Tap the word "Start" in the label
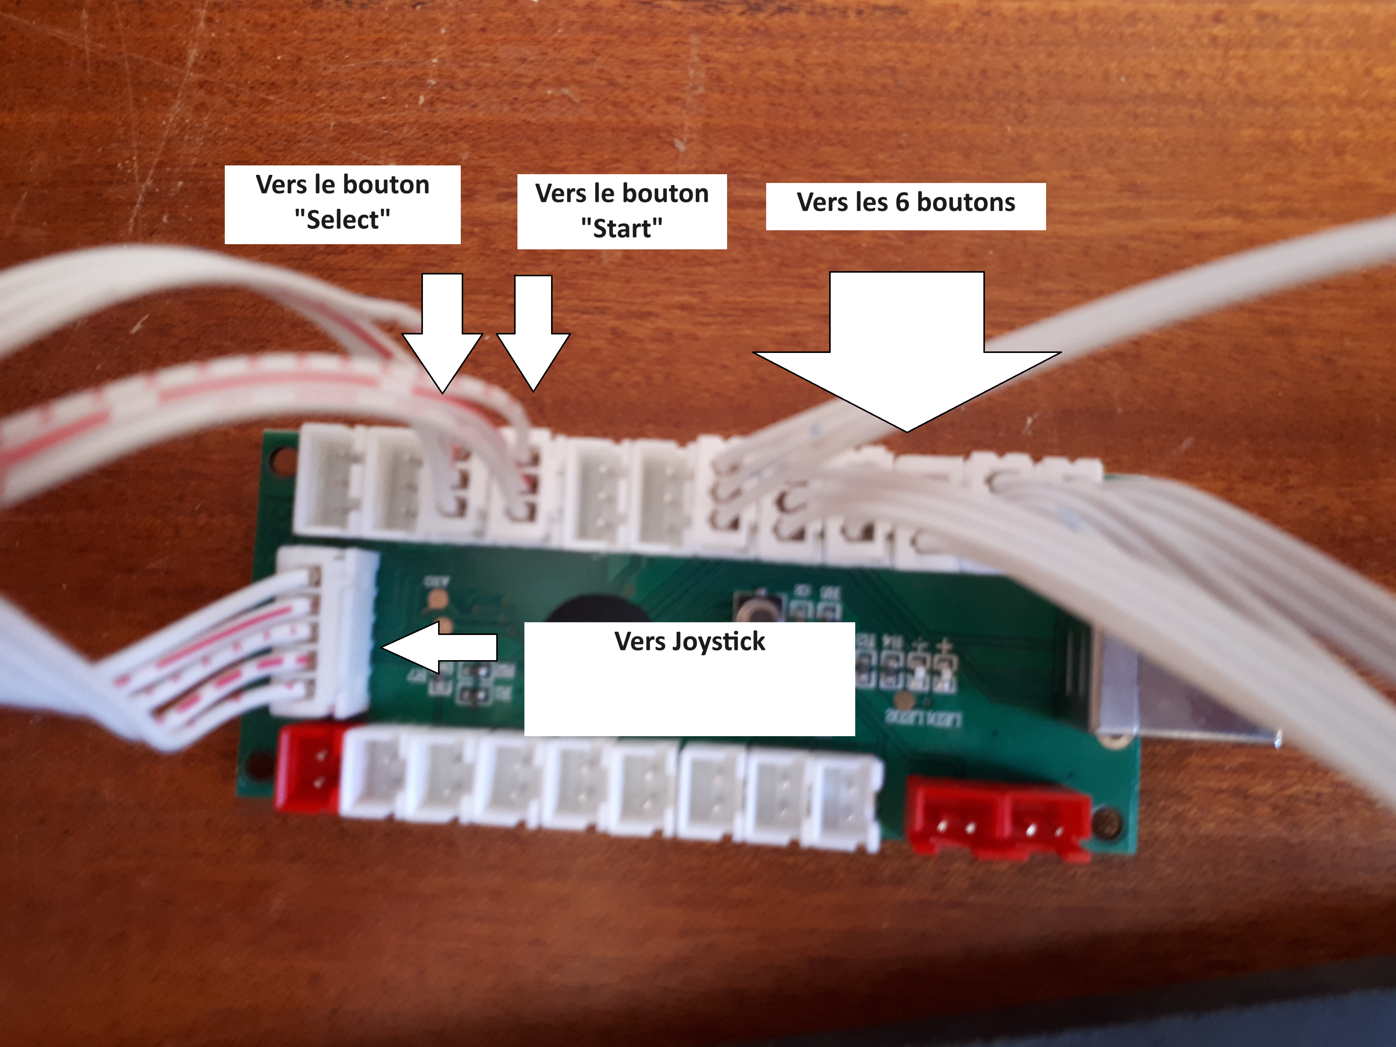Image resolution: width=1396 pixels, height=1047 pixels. pyautogui.click(x=622, y=228)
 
